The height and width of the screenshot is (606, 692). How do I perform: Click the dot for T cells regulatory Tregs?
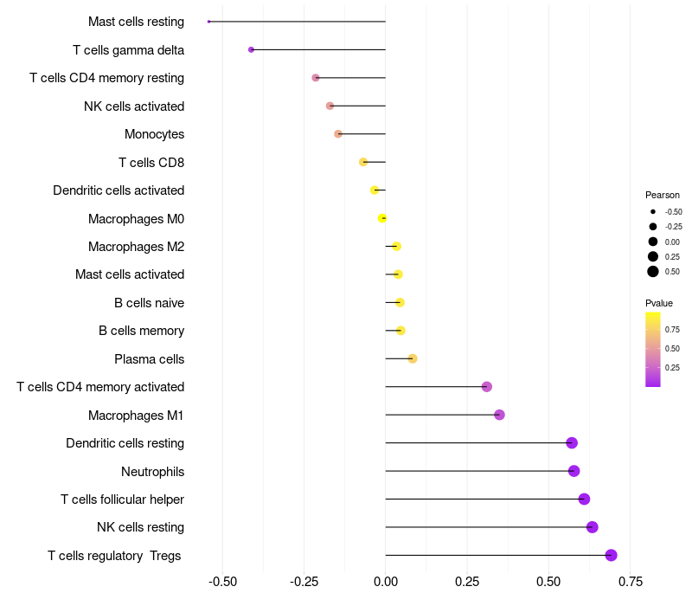click(611, 555)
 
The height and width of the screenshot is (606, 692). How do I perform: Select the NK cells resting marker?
click(592, 527)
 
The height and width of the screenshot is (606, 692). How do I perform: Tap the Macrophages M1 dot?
click(499, 415)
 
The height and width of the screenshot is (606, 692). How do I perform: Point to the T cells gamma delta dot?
click(251, 49)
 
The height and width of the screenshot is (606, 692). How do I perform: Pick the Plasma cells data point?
click(413, 358)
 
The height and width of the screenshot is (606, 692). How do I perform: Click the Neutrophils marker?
click(573, 471)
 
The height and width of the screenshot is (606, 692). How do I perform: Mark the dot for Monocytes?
click(338, 134)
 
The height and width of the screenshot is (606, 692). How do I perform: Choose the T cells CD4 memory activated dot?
click(486, 387)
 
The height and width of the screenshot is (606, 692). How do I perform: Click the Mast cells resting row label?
click(136, 22)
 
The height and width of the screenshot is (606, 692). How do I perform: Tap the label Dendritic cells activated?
click(119, 190)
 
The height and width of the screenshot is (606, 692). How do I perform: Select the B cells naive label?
click(149, 303)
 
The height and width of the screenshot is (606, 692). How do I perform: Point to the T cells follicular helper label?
click(122, 500)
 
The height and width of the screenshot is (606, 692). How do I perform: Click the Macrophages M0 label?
click(136, 218)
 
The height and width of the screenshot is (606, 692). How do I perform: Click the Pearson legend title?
click(662, 195)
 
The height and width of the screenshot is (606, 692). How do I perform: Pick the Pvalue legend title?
click(658, 303)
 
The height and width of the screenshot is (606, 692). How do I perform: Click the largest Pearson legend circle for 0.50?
click(652, 272)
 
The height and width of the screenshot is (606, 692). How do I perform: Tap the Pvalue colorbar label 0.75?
click(672, 329)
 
